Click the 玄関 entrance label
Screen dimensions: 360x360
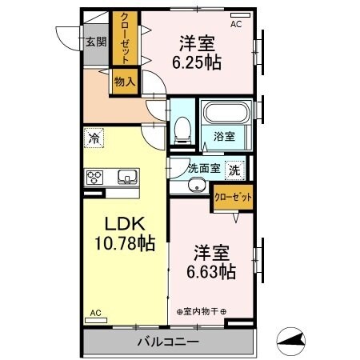[x=96, y=42]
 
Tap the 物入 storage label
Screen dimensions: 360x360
[x=124, y=82]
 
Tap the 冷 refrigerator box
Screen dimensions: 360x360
[x=94, y=138]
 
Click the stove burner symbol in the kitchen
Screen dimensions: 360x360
[x=96, y=177]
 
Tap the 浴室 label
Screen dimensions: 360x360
[x=224, y=138]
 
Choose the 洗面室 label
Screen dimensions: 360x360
[x=203, y=168]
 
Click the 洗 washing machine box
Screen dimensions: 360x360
[x=234, y=169]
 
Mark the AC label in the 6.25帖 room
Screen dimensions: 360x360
[x=236, y=25]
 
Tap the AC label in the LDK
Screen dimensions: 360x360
[x=95, y=313]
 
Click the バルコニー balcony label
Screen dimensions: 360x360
[x=168, y=342]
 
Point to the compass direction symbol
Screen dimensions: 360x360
[x=293, y=341]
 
